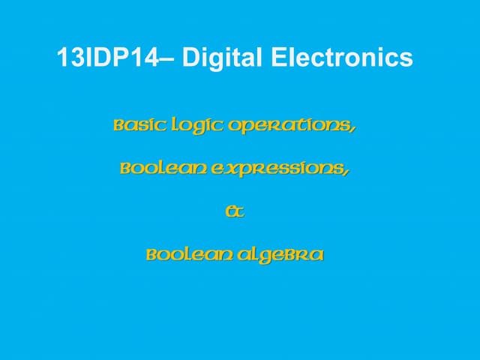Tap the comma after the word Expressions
[346, 172]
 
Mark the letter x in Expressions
[227, 170]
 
